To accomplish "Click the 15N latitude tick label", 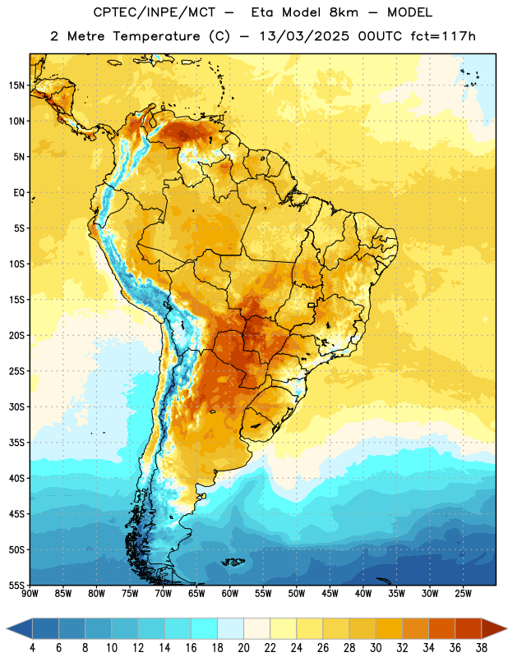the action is [16, 85].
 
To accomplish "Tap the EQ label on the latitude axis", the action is [19, 193].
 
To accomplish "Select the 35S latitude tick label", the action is [16, 443].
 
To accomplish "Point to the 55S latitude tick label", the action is [16, 585].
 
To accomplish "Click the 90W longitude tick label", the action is [30, 594].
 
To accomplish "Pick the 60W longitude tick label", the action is [230, 594].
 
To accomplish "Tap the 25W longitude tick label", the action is [463, 594].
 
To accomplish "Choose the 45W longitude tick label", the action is [330, 594].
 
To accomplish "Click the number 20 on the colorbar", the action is [243, 648].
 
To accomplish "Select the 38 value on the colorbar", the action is [482, 648].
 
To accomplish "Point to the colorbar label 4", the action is [32, 648].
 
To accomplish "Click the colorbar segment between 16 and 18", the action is [205, 628].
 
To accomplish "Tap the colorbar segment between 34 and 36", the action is [441, 628].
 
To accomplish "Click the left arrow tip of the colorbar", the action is [7, 628].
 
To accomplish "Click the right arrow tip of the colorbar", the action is [506, 628].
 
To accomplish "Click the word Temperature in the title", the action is [156, 36].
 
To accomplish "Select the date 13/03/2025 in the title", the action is [304, 36].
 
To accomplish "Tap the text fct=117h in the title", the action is [443, 36].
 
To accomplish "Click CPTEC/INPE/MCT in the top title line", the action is [155, 12].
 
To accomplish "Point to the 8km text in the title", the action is [344, 12].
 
